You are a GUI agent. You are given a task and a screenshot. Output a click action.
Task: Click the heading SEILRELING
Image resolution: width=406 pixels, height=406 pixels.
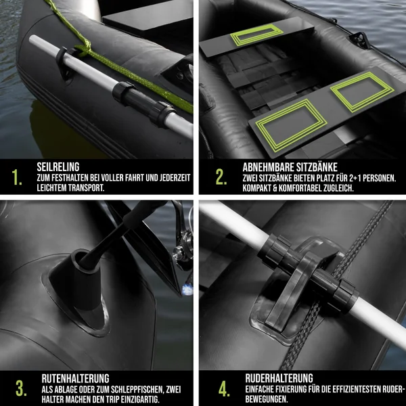point(58,167)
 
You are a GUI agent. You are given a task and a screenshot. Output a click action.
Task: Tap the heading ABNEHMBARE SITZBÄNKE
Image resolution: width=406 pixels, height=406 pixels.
point(290,167)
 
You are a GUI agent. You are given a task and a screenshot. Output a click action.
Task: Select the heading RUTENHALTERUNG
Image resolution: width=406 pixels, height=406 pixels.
point(75,378)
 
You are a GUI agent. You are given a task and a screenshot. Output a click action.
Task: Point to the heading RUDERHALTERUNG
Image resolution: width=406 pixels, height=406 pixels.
point(279,378)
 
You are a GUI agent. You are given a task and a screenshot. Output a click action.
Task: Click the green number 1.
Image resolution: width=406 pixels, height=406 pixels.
point(16,177)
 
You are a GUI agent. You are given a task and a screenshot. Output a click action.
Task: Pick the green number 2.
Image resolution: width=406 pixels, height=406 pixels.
point(221,177)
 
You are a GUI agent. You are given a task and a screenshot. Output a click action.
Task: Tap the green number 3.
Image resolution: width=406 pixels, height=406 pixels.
point(21,388)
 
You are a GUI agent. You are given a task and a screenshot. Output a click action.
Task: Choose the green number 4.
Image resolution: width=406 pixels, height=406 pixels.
point(224,388)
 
